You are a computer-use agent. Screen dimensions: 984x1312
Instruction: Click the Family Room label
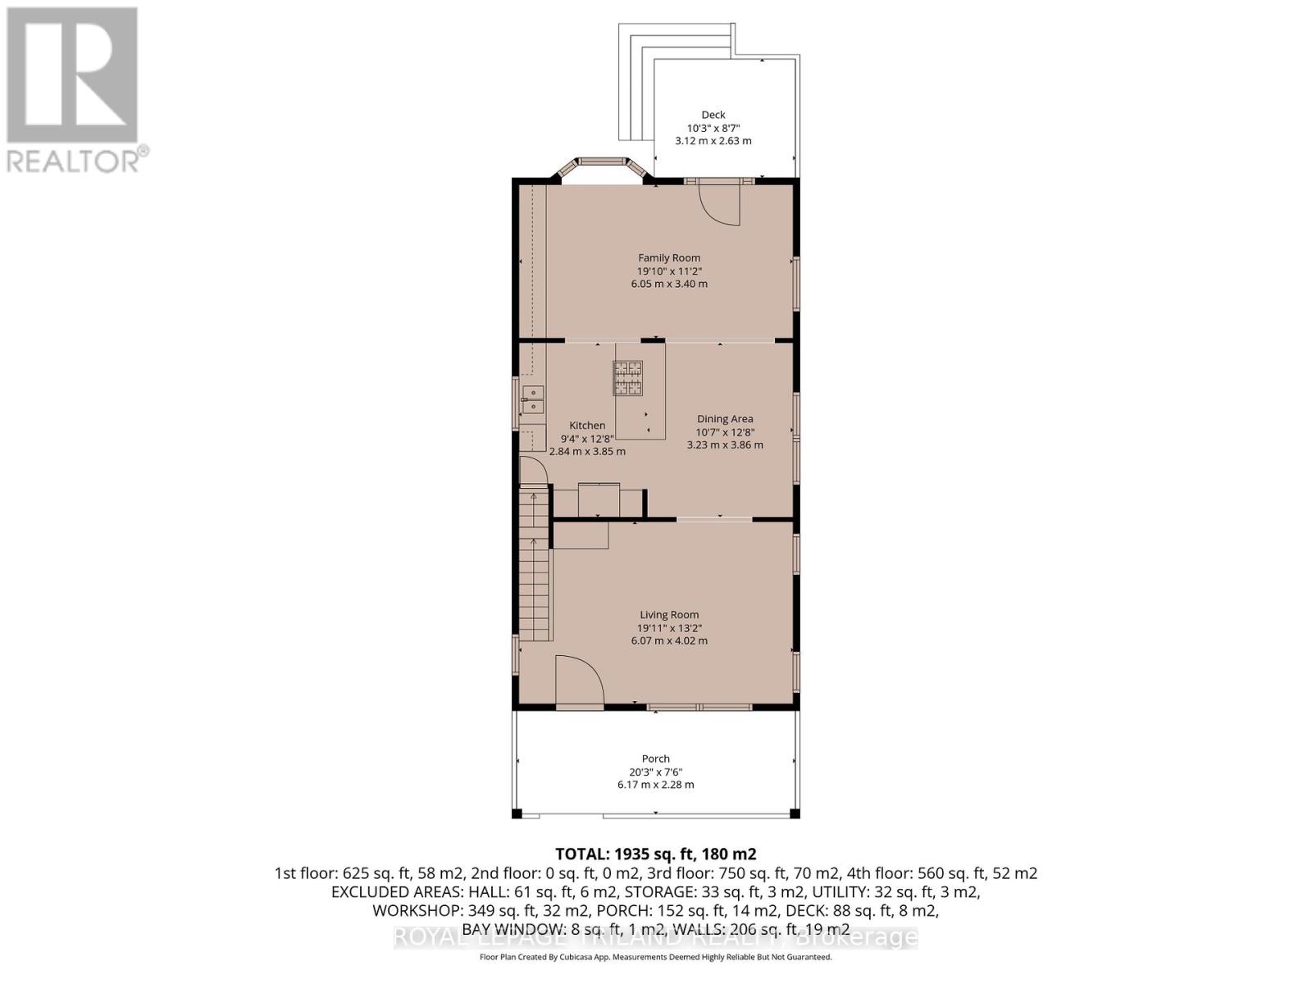669,257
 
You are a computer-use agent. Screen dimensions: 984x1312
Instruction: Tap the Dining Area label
725,419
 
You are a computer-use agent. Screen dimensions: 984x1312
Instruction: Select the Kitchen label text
587,426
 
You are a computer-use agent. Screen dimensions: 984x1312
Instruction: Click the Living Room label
669,614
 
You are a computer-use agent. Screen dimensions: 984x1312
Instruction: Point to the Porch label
655,758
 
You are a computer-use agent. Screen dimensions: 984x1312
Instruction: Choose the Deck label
713,115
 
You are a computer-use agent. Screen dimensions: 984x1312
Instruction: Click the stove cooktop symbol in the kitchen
628,378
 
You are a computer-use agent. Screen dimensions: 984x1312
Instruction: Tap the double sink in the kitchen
532,399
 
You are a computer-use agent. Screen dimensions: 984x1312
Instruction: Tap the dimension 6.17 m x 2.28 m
655,785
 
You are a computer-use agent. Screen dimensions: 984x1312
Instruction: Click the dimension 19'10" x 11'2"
669,271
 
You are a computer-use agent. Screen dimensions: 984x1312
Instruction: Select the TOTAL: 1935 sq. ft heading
655,854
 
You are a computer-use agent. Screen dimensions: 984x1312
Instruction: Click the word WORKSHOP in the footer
410,910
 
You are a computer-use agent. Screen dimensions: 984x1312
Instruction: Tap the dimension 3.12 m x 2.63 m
713,141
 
